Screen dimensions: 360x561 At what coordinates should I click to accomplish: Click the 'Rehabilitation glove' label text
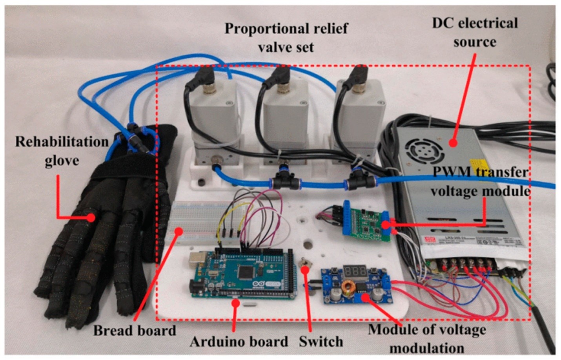[62, 151]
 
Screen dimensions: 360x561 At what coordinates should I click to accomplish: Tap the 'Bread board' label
[134, 331]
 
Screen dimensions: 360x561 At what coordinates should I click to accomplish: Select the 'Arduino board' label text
[239, 342]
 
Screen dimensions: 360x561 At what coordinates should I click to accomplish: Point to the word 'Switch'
[321, 342]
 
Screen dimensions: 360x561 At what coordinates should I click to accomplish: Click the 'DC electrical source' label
[475, 32]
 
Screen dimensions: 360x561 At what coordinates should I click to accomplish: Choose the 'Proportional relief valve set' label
[286, 38]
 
